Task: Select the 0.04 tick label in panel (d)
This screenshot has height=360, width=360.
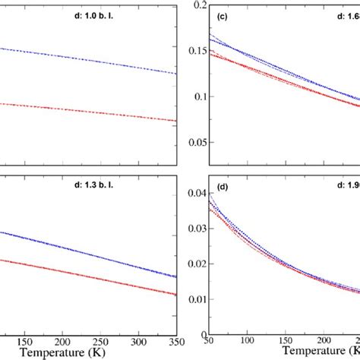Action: pyautogui.click(x=191, y=194)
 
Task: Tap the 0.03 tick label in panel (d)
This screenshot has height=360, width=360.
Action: pyautogui.click(x=191, y=229)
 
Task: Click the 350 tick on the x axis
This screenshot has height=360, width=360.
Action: pyautogui.click(x=176, y=343)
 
